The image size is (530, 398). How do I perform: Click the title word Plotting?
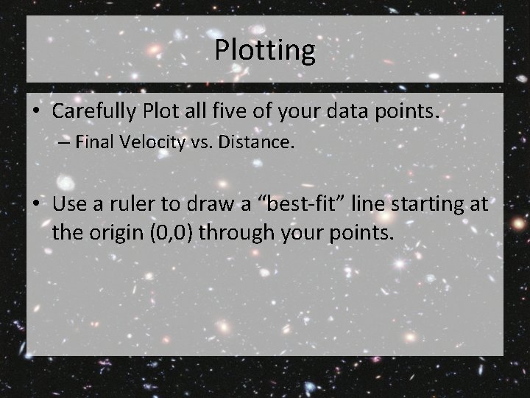tap(265, 50)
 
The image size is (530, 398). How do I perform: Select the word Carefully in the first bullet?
tap(95, 111)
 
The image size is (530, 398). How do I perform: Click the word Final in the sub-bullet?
tap(93, 142)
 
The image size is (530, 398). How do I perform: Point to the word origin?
tap(120, 234)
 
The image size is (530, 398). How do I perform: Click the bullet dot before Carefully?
tap(36, 112)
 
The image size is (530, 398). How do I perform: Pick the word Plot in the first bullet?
tap(160, 111)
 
